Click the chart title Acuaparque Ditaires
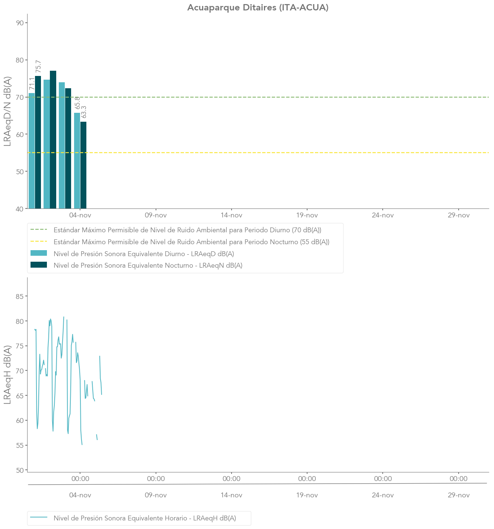(x=258, y=7)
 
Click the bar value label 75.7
(x=38, y=66)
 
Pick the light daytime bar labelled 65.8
(x=77, y=160)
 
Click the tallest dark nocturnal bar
(x=53, y=140)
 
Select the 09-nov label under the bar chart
(x=156, y=215)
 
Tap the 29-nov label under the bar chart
(x=459, y=215)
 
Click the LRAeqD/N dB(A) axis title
(x=7, y=111)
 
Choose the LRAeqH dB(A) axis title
(x=7, y=375)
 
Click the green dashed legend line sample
(x=39, y=230)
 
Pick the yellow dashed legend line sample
(x=39, y=242)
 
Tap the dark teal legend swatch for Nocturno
(x=39, y=265)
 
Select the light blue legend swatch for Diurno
(x=39, y=254)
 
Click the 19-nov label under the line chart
(x=307, y=495)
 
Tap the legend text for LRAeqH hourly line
(x=145, y=518)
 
